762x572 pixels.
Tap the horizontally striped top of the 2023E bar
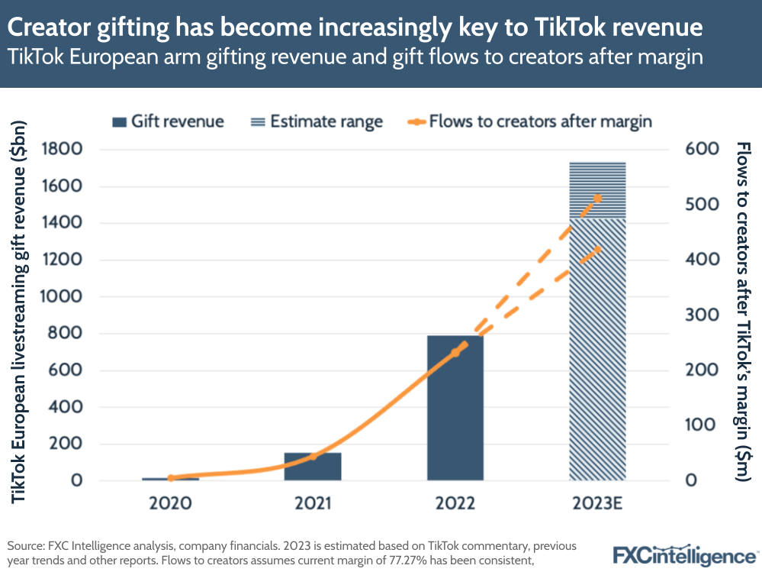pyautogui.click(x=598, y=189)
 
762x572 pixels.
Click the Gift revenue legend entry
pyautogui.click(x=168, y=121)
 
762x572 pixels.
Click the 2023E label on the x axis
pyautogui.click(x=597, y=504)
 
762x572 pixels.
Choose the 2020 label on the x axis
pyautogui.click(x=170, y=504)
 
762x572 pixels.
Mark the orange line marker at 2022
pyautogui.click(x=455, y=352)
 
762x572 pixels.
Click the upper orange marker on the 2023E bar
pyautogui.click(x=598, y=199)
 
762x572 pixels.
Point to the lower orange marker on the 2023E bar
pyautogui.click(x=598, y=249)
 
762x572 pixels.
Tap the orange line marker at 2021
pyautogui.click(x=313, y=456)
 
